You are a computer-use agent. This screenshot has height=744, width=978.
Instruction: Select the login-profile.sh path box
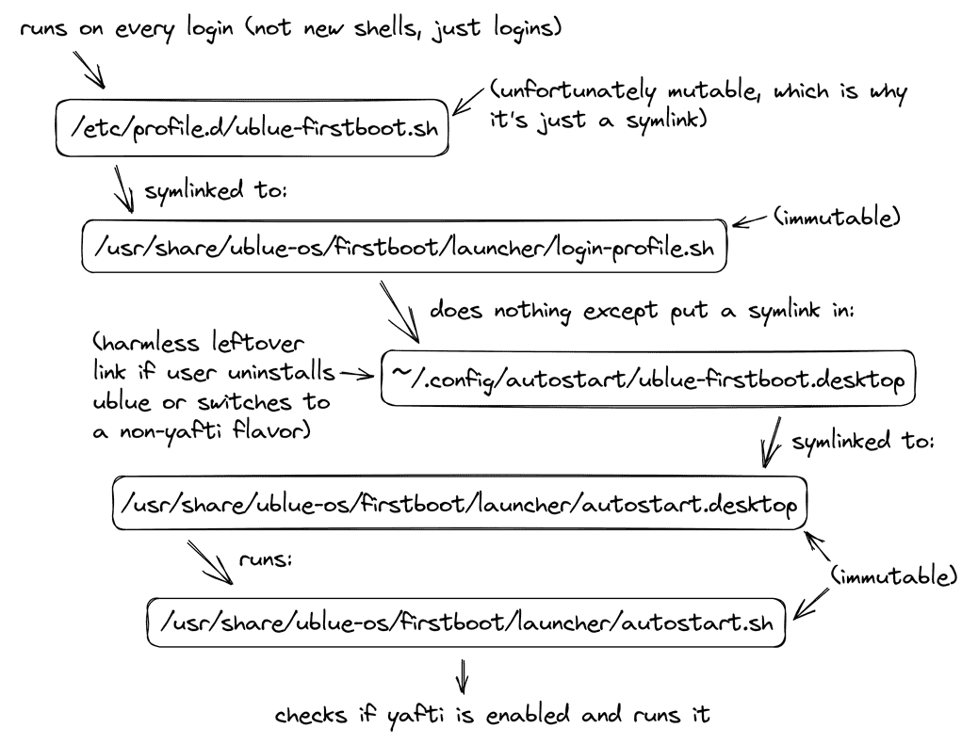[x=404, y=247]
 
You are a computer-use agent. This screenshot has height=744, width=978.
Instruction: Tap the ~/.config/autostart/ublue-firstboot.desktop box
[x=647, y=379]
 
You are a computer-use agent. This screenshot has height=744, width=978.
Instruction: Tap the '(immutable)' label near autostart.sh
[x=893, y=574]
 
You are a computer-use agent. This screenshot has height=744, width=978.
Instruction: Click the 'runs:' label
[x=266, y=559]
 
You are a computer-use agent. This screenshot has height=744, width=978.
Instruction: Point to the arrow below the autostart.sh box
[x=462, y=675]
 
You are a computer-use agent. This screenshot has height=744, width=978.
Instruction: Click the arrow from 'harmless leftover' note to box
[x=357, y=374]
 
